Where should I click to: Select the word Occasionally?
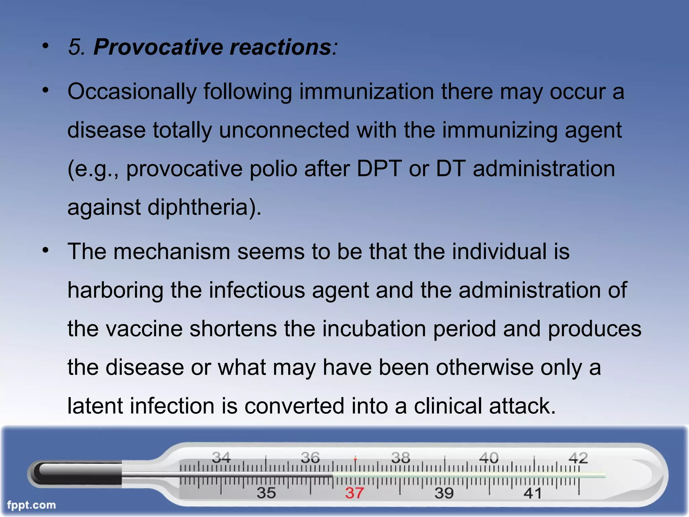coord(132,92)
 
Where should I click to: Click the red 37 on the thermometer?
coord(354,493)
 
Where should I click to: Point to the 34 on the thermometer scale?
coord(221,457)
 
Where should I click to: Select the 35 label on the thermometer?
coord(266,493)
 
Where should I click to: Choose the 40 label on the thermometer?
coord(488,457)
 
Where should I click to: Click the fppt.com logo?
coord(31,505)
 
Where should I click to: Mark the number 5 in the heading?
coord(75,47)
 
